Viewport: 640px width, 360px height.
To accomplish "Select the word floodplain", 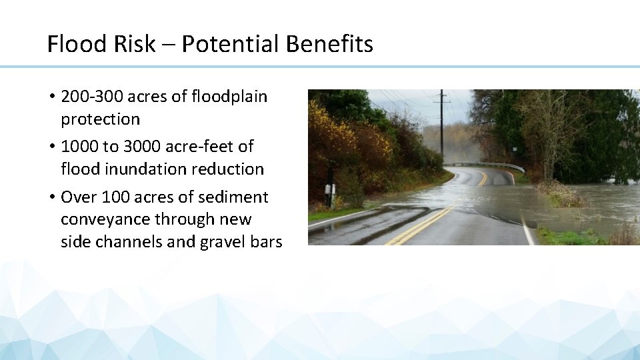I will [x=229, y=97].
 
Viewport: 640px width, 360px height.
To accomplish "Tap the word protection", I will [x=100, y=119].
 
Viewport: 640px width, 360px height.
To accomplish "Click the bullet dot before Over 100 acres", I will [x=51, y=197].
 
